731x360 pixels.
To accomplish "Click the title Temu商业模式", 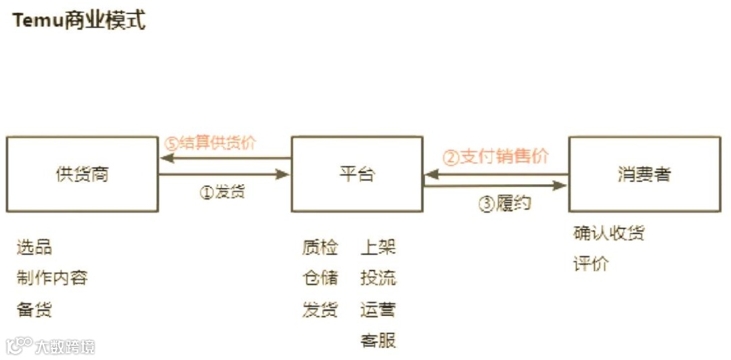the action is (79, 21).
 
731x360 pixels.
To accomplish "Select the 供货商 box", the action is (81, 174).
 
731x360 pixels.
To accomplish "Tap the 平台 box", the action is (357, 174).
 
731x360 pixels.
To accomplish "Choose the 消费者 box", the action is (644, 174).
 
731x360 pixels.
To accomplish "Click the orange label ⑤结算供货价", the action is (211, 143).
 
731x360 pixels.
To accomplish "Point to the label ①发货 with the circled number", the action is (222, 192).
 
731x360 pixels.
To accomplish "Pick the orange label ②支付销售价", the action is (495, 156).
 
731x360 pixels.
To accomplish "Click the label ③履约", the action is (505, 203).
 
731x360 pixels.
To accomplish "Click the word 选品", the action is (35, 247).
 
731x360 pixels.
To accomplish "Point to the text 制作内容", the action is (52, 277).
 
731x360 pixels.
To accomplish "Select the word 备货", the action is (35, 310).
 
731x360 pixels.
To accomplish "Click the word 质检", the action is (319, 247).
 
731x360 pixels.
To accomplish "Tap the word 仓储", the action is (319, 277).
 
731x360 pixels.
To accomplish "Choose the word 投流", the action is (378, 277).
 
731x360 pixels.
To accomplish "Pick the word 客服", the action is (378, 340).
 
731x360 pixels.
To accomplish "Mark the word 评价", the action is (591, 263).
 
